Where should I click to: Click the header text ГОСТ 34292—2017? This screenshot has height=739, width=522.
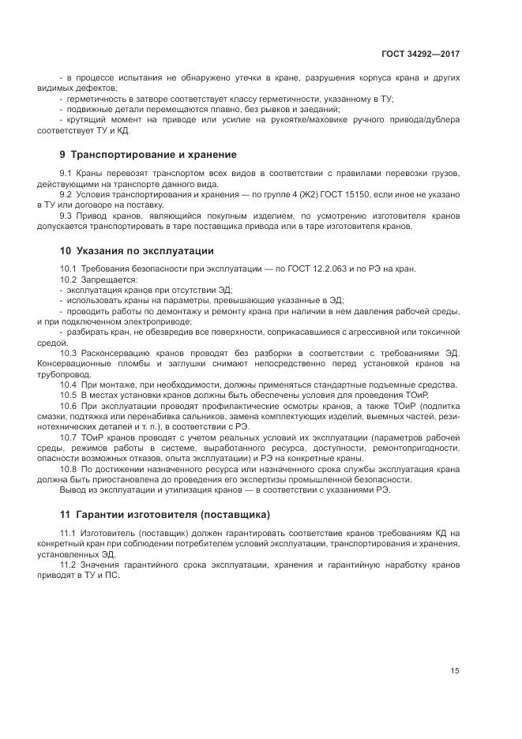[421, 54]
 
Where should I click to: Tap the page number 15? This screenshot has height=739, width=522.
[455, 671]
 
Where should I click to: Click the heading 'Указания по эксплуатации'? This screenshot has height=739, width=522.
[145, 251]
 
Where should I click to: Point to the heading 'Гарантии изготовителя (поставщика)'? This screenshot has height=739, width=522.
[173, 514]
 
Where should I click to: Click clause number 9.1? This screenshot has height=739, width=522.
[66, 173]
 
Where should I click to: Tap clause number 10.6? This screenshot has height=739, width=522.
[69, 405]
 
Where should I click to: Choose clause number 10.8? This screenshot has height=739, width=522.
[69, 469]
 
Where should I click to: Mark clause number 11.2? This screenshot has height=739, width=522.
[68, 565]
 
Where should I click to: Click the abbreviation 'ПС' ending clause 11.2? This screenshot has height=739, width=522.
[117, 576]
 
